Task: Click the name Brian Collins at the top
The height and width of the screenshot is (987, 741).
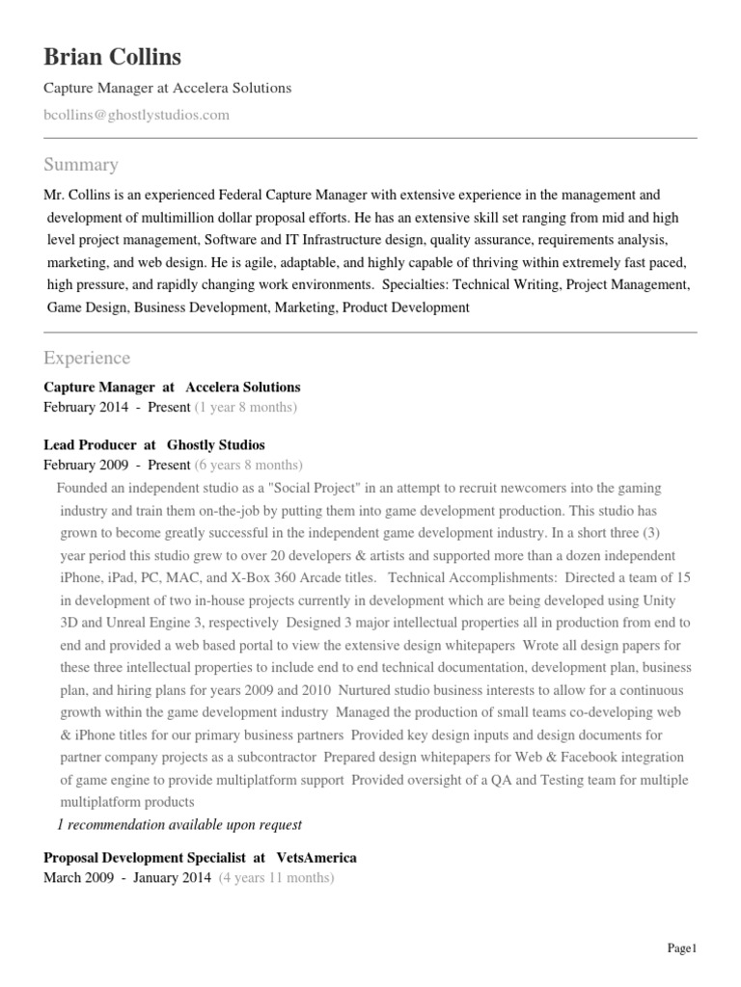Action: pyautogui.click(x=112, y=57)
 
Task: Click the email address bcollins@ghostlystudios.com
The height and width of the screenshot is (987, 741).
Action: pyautogui.click(x=137, y=115)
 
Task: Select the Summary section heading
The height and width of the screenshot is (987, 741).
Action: pyautogui.click(x=81, y=164)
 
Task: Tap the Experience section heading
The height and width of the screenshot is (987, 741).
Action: pyautogui.click(x=87, y=358)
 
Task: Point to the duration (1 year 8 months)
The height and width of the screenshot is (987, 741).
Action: pyautogui.click(x=246, y=407)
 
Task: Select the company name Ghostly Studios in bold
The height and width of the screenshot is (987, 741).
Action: pyautogui.click(x=216, y=444)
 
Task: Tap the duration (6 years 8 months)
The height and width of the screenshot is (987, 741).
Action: pyautogui.click(x=248, y=465)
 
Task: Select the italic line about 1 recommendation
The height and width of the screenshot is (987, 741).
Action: pyautogui.click(x=179, y=824)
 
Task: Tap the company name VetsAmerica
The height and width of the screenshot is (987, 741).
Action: pyautogui.click(x=316, y=857)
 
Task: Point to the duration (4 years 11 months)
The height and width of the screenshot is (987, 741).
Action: pyautogui.click(x=276, y=878)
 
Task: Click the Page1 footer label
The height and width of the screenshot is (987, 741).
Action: pyautogui.click(x=681, y=948)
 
